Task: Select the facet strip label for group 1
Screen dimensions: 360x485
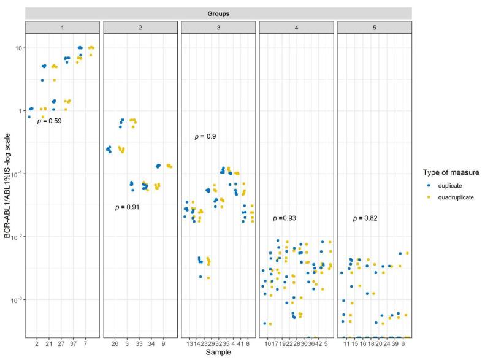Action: pyautogui.click(x=62, y=27)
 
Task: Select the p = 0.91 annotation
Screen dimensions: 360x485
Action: pyautogui.click(x=128, y=207)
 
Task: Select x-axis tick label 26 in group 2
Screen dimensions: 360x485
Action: pyautogui.click(x=114, y=344)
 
